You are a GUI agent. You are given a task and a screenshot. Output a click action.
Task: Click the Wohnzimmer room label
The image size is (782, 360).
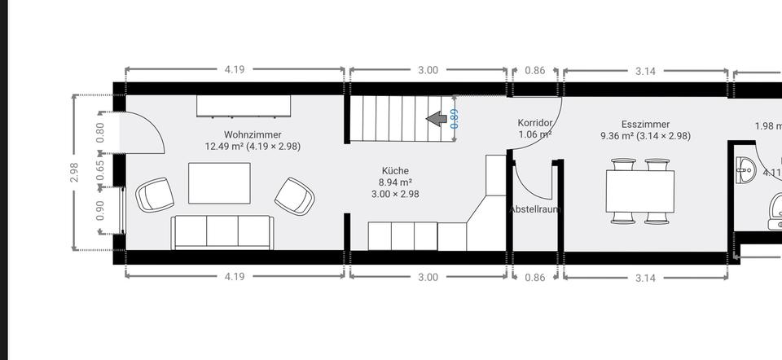(x=253, y=134)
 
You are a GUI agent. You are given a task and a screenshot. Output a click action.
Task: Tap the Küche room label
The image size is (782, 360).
(x=394, y=171)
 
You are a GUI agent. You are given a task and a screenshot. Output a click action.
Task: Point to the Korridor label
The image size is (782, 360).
(x=534, y=123)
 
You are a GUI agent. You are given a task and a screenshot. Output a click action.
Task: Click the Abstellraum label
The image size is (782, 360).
(x=534, y=209)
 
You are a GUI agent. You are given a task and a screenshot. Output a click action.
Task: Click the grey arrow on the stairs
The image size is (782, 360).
(x=437, y=120)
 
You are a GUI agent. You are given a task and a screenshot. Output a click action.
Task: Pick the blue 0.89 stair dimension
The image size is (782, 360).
(x=455, y=119)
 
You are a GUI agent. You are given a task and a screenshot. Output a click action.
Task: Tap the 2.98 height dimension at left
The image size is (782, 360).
(x=74, y=173)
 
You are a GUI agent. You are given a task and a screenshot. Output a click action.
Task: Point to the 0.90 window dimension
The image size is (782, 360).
(x=101, y=211)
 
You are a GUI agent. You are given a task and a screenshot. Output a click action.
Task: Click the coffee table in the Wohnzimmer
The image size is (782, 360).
(x=219, y=183)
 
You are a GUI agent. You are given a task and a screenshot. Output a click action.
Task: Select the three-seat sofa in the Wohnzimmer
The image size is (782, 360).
(x=222, y=232)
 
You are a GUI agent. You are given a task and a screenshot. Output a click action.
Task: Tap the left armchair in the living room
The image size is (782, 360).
(x=155, y=195)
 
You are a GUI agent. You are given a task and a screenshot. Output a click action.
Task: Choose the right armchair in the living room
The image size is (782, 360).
(x=294, y=196)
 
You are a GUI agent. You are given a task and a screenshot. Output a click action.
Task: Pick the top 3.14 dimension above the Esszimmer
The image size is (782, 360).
(x=645, y=71)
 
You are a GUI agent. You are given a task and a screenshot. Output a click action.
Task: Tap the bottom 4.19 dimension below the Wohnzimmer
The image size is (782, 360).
(x=234, y=277)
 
